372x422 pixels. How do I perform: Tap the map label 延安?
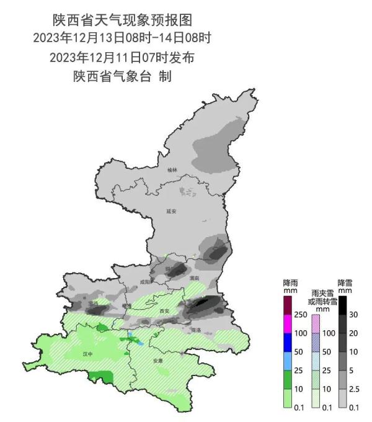coord(172,211)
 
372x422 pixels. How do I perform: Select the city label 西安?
coord(164,310)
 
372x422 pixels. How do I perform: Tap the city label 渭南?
coord(194,279)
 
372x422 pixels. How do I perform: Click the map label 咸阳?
coord(145,282)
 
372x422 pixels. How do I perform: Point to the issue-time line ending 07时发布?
coord(122,58)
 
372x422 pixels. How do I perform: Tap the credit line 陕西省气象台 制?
coord(122,77)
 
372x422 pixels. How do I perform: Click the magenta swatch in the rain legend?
coord(288,324)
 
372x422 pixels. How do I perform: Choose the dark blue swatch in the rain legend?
coord(288,343)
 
